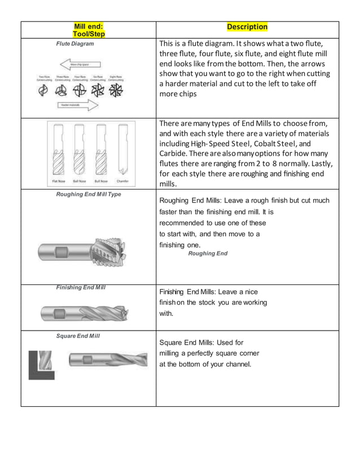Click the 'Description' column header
coord(247,27)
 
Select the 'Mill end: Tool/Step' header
coord(89,30)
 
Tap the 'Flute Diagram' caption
coord(74,43)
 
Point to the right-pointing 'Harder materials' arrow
coord(77,105)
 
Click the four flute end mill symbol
coord(80,91)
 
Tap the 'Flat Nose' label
coord(59,181)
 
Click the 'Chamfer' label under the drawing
coord(123,181)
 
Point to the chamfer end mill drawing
coord(122,150)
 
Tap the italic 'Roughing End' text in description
coord(208,253)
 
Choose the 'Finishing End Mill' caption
coord(81,288)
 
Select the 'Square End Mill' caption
coord(78,336)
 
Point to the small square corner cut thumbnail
coord(42,364)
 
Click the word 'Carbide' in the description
coord(177,153)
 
